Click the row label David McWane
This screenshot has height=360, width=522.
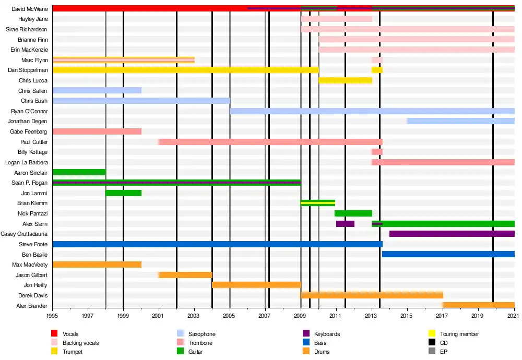click(x=29, y=9)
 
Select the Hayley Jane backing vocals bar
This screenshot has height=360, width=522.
click(x=336, y=19)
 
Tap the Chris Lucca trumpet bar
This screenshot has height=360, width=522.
click(x=345, y=80)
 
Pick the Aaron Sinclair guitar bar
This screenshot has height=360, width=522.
click(x=79, y=172)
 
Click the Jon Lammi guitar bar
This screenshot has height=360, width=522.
click(x=123, y=193)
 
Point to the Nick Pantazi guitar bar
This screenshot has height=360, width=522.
click(x=353, y=213)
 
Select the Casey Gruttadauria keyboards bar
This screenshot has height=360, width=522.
click(x=452, y=234)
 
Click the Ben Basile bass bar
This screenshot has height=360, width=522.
click(x=448, y=254)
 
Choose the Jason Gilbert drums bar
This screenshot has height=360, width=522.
click(x=185, y=275)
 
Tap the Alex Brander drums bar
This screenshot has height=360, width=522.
click(x=478, y=305)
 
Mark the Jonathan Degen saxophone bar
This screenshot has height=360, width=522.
click(x=460, y=121)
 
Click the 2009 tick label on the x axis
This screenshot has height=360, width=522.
click(x=301, y=316)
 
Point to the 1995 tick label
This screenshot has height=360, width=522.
click(x=52, y=316)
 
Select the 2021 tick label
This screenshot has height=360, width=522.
click(x=514, y=316)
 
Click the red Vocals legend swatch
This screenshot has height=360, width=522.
click(x=54, y=334)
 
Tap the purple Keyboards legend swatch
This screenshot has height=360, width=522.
click(x=305, y=334)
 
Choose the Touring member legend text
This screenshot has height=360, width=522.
click(x=459, y=334)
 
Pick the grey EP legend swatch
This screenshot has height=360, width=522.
click(x=431, y=352)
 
